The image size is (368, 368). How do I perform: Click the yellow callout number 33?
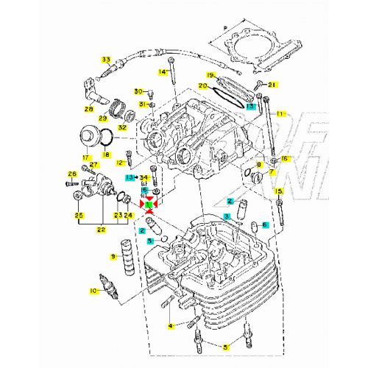pos(106,59)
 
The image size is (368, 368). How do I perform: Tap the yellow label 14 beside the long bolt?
pos(163,71)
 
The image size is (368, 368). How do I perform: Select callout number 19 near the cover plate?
pos(210,76)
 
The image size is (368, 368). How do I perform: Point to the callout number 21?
pos(271,85)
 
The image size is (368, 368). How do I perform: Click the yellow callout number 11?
pos(280,113)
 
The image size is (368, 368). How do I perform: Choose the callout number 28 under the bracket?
pos(88,109)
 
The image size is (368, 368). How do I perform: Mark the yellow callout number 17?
pos(86,157)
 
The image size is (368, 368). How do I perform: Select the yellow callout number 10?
pos(93,291)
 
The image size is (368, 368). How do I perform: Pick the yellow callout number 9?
pos(113,256)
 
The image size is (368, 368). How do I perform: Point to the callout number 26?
pos(71,174)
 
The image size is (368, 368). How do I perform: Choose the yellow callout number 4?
pos(170,325)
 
